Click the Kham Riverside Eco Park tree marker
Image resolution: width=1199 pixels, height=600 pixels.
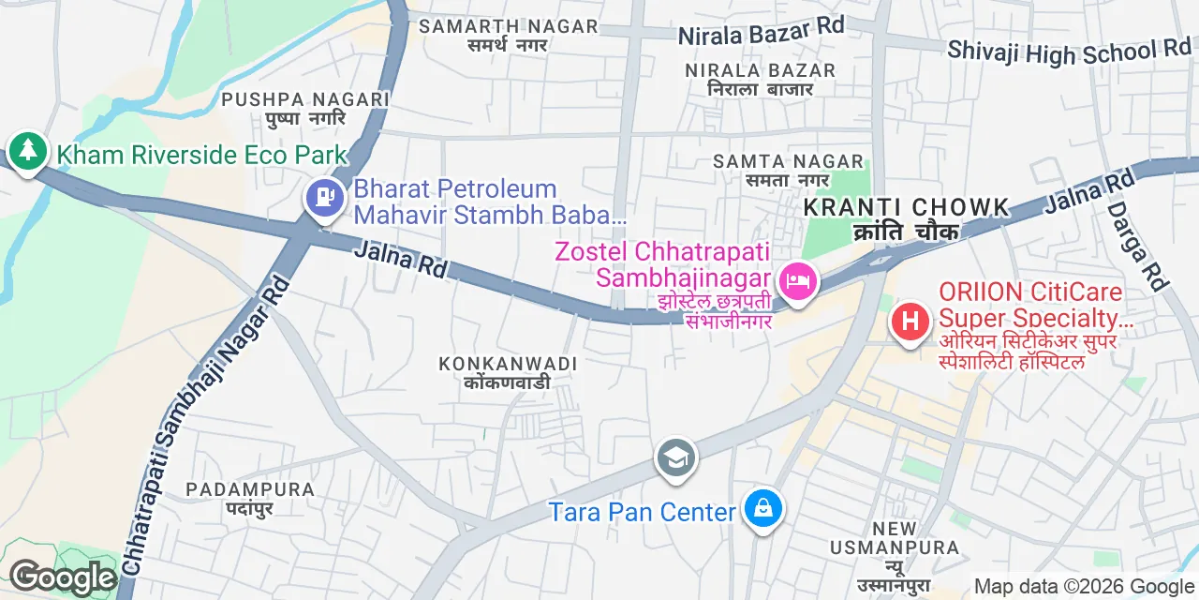click(x=27, y=150)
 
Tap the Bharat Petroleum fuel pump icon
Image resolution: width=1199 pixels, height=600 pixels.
click(x=324, y=198)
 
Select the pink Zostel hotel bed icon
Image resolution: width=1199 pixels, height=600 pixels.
click(x=798, y=279)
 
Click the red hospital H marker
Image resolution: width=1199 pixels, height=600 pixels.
click(x=909, y=322)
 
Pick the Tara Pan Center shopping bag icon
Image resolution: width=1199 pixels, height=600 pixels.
click(x=763, y=509)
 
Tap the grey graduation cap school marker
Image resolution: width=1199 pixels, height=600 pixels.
click(x=674, y=458)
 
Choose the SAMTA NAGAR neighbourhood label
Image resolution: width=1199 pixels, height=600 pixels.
click(x=772, y=161)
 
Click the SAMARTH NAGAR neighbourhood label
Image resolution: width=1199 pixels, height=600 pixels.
click(x=508, y=26)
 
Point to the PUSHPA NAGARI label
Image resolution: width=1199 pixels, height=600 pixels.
click(x=305, y=99)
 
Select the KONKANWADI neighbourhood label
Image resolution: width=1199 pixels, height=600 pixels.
click(x=508, y=363)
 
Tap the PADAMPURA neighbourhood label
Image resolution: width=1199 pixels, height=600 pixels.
click(x=249, y=489)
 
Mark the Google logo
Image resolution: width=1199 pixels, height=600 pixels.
click(x=62, y=577)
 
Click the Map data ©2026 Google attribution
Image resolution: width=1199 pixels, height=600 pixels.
click(x=1084, y=587)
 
